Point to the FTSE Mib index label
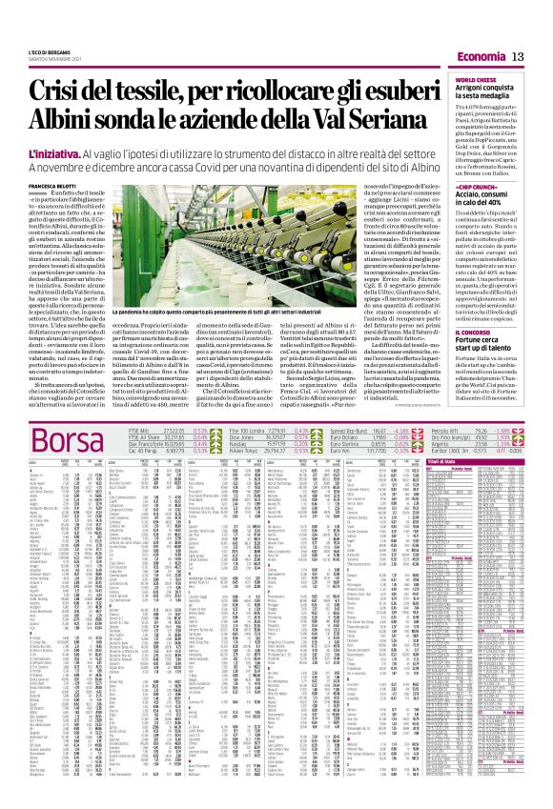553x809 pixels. tap(141, 431)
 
